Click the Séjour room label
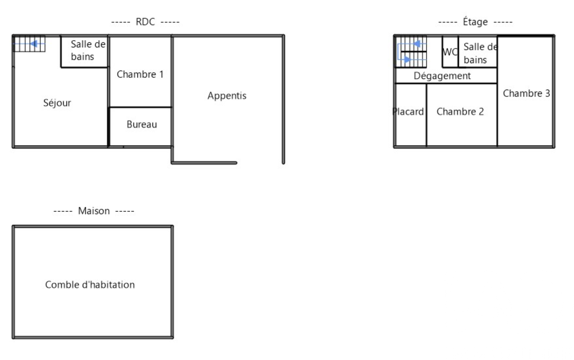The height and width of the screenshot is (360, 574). (x=57, y=103)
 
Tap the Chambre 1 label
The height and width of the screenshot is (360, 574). (x=140, y=75)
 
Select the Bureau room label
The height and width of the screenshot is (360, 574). (x=142, y=124)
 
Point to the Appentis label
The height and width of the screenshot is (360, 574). (x=227, y=96)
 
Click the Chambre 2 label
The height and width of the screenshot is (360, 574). (x=460, y=112)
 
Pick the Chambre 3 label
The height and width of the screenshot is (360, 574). (x=526, y=94)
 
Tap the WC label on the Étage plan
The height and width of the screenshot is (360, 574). (x=450, y=52)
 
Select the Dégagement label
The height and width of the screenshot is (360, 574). (x=442, y=76)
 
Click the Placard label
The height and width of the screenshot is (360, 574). (x=408, y=112)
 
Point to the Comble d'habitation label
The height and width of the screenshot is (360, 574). (x=90, y=285)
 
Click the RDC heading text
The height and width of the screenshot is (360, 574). (x=145, y=22)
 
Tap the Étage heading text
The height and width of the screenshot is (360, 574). (x=475, y=22)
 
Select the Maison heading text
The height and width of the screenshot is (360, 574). (x=94, y=211)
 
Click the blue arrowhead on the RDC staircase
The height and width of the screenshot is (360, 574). (x=34, y=44)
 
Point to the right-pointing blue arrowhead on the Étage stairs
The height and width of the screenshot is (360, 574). (x=408, y=60)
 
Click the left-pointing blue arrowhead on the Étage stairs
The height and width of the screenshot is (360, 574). (x=417, y=44)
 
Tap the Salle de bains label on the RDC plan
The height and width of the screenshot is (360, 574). (x=88, y=51)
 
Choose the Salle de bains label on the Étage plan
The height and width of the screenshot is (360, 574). (x=480, y=53)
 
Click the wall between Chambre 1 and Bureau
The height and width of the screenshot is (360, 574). (x=140, y=107)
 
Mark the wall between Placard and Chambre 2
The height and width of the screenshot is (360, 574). (x=427, y=115)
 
